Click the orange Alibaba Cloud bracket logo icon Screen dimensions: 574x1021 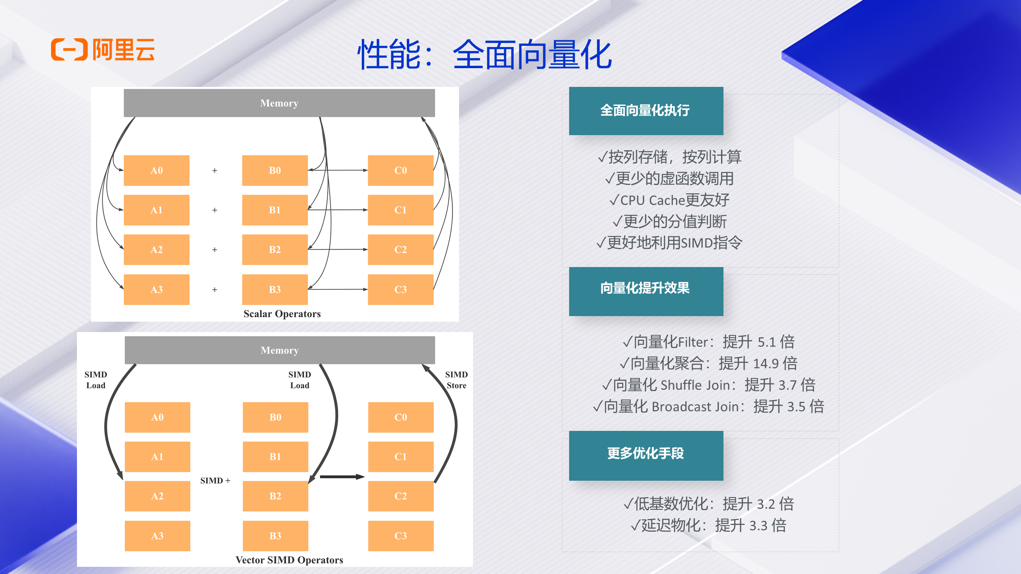point(69,50)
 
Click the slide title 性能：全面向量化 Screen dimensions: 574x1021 point(485,55)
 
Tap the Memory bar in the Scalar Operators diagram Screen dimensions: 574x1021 point(279,103)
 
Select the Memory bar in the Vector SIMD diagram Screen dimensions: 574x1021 point(280,350)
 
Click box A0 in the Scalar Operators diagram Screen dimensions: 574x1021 point(156,171)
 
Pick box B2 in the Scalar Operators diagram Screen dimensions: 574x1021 point(275,250)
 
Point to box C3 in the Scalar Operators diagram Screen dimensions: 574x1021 point(400,290)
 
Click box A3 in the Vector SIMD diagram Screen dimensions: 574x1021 point(157,536)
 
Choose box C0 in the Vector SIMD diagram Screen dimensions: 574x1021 point(400,417)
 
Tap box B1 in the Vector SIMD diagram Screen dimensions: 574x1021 point(275,457)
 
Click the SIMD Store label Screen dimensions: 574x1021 point(456,380)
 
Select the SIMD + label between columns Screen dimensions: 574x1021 point(215,481)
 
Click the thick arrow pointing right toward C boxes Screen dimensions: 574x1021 point(342,477)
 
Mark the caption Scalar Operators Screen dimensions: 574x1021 point(282,314)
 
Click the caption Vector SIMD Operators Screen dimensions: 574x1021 point(289,560)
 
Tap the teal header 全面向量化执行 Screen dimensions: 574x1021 point(646,111)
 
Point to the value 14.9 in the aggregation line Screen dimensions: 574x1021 point(766,364)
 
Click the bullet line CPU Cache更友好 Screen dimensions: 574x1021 point(670,200)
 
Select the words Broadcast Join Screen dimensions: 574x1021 point(695,407)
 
